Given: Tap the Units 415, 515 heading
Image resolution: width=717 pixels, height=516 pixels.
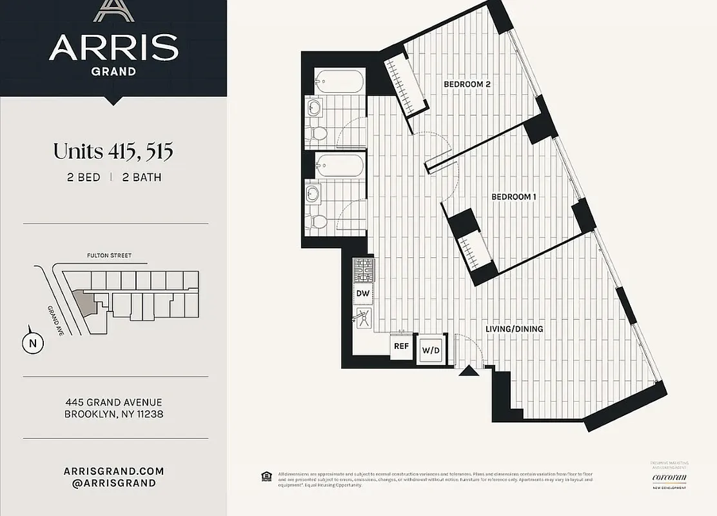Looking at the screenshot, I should [113, 152].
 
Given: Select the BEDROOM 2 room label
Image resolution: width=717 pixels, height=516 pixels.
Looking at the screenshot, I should [467, 84].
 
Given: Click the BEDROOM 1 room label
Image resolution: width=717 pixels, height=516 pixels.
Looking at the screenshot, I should [514, 197].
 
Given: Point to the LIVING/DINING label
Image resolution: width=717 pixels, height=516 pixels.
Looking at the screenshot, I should [514, 329].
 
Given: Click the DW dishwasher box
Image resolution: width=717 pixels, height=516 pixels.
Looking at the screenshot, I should [362, 293].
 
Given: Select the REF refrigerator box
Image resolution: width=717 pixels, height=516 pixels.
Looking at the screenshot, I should [401, 346].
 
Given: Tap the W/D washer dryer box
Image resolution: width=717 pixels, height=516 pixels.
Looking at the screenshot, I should [430, 351].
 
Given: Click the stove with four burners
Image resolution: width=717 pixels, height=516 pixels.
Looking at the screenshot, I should [362, 270].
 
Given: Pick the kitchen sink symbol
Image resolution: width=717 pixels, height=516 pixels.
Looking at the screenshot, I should [363, 317].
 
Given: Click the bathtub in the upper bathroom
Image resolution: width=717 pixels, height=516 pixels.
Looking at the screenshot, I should [339, 81].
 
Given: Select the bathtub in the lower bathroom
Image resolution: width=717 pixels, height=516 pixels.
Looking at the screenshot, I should [339, 166].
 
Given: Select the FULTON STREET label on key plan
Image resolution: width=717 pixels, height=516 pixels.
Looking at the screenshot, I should [109, 255].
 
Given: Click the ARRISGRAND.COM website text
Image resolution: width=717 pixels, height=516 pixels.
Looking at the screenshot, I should [113, 471].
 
